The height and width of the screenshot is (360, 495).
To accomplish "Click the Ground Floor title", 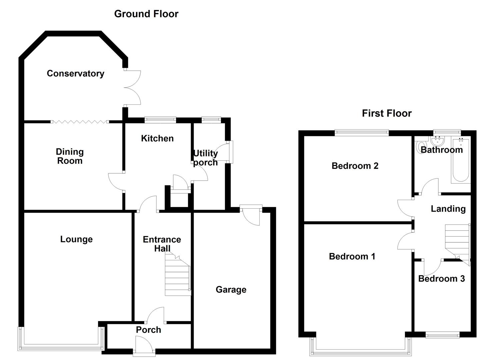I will click(146, 14).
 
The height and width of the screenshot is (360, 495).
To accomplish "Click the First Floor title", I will click(387, 113).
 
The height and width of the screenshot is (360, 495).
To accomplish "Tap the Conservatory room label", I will click(75, 73).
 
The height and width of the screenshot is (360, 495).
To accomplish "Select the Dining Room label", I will click(69, 156).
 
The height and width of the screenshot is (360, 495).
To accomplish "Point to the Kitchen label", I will click(157, 138).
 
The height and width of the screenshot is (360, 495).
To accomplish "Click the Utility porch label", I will click(205, 158).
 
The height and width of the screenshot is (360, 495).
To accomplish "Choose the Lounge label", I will click(76, 239).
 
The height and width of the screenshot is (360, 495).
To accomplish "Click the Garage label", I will click(231, 289).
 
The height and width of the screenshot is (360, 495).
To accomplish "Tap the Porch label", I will click(148, 330).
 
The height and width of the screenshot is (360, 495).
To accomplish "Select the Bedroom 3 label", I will click(441, 279).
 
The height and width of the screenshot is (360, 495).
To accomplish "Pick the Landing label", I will click(448, 209).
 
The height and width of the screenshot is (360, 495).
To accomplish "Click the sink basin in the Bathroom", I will click(437, 140).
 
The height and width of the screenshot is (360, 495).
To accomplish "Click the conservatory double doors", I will click(133, 88).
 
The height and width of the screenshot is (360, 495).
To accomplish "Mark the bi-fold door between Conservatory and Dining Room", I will click(79, 122).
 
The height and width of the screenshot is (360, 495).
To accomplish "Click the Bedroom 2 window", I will click(362, 133).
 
